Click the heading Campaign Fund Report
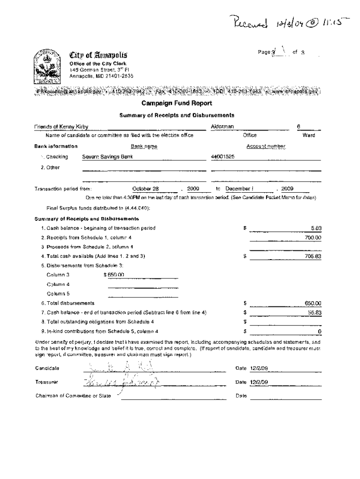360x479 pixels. pyautogui.click(x=180, y=103)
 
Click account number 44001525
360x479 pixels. pyautogui.click(x=223, y=157)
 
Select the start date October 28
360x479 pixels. pyautogui.click(x=146, y=189)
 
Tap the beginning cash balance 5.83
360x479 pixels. pyautogui.click(x=316, y=228)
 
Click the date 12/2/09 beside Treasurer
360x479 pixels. pyautogui.click(x=259, y=382)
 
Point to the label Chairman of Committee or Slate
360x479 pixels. pyautogui.click(x=73, y=396)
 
